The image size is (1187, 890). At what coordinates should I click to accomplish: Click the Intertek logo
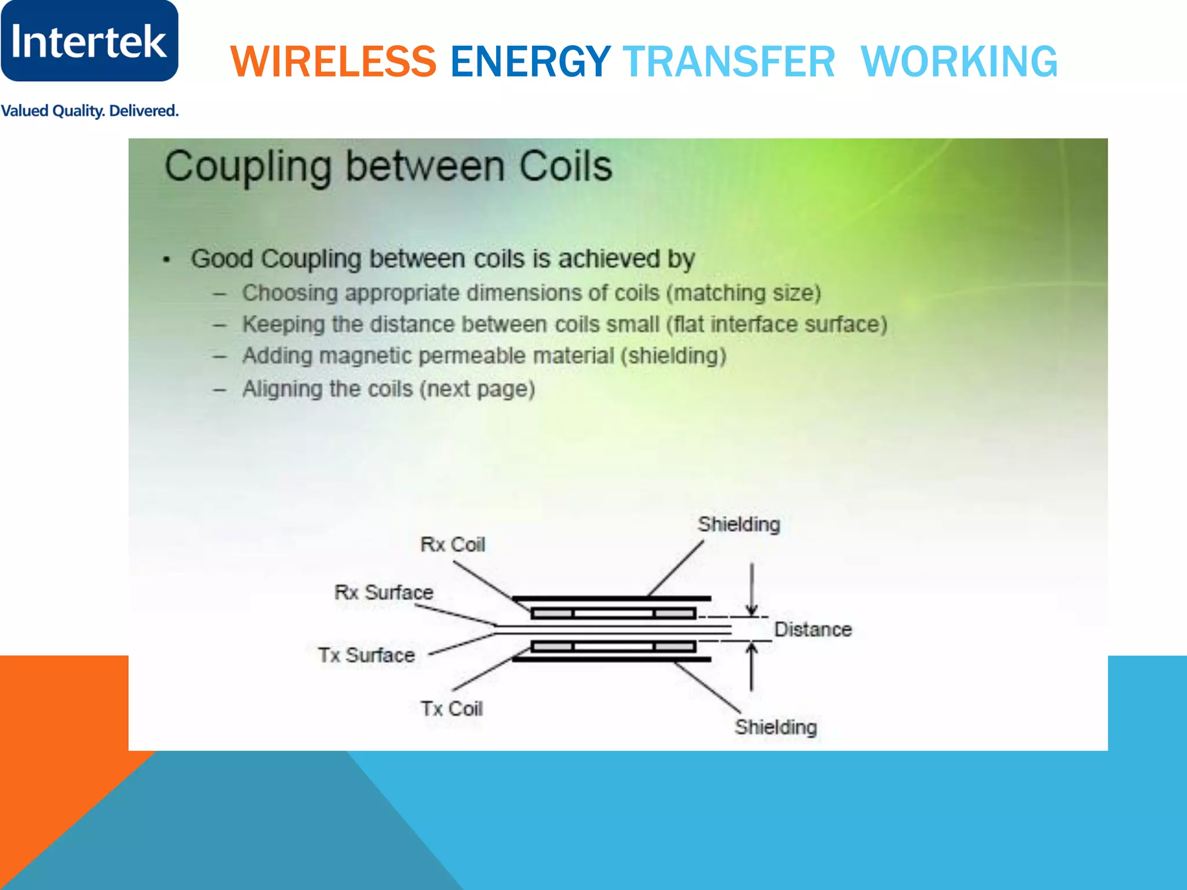click(x=89, y=41)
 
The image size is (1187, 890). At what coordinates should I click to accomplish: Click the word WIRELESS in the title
click(x=333, y=61)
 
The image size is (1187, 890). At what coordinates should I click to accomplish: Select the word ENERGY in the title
click(x=530, y=61)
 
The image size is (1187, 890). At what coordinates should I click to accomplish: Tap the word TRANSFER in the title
click(x=729, y=61)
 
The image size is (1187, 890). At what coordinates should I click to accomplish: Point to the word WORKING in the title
click(x=959, y=61)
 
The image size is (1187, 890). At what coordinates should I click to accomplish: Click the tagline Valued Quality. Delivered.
click(x=89, y=111)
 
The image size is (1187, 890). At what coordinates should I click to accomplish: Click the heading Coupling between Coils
click(x=388, y=167)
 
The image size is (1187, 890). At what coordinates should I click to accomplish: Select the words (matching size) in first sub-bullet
click(x=744, y=293)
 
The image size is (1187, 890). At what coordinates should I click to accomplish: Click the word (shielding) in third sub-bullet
click(x=673, y=356)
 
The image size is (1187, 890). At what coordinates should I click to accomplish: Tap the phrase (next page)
click(x=477, y=389)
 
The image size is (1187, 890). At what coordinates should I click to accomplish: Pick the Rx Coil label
click(x=453, y=545)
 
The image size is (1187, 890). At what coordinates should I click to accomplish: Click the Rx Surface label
click(x=384, y=592)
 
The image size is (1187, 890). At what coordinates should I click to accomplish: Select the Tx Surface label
click(x=367, y=655)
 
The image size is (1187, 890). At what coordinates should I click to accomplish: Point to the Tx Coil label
click(x=452, y=709)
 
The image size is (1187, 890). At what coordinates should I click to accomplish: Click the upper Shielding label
click(x=739, y=524)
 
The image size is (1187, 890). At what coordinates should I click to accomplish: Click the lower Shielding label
click(x=776, y=727)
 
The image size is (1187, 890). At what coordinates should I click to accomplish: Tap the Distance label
click(x=813, y=629)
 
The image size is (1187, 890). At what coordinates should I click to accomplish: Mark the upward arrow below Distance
click(x=752, y=666)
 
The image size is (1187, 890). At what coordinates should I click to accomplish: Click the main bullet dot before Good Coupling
click(x=167, y=260)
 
